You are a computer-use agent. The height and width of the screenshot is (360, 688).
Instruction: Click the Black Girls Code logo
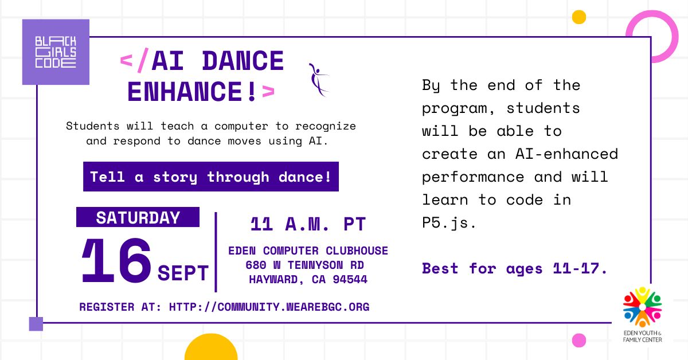[56, 52]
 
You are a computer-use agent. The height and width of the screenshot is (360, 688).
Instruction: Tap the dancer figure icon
[318, 79]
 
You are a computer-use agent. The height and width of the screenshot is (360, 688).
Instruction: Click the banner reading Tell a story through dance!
[211, 177]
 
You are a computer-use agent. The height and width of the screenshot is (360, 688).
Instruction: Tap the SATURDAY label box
[138, 217]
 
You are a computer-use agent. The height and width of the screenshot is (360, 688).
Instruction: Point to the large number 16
[116, 261]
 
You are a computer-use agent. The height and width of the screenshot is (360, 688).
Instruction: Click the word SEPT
[183, 273]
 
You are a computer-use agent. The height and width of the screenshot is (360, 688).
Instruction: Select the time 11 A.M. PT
[308, 224]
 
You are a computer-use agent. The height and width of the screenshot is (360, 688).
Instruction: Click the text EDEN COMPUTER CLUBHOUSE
[308, 251]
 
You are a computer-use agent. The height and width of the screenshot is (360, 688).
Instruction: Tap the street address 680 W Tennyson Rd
[304, 265]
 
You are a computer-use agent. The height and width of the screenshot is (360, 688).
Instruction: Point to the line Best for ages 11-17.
[514, 268]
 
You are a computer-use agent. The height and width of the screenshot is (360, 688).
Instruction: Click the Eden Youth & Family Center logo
[642, 315]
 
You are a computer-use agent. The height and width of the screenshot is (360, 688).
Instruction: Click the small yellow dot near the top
[579, 17]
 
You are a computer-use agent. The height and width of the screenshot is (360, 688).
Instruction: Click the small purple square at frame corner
[36, 324]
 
